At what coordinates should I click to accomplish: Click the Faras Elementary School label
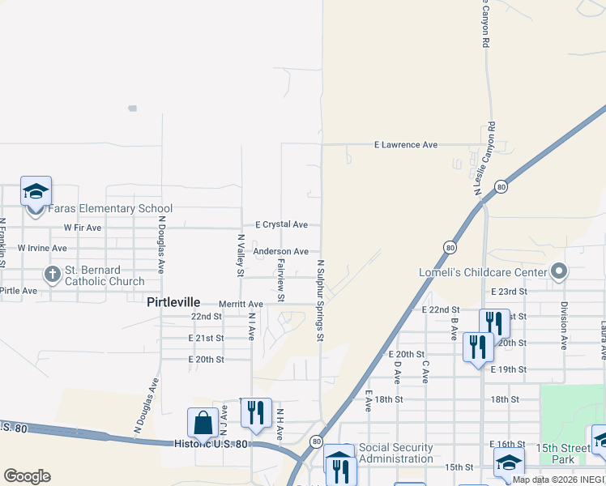point(110,208)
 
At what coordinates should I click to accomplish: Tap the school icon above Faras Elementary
point(36,191)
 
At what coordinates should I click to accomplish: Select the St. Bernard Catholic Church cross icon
point(53,274)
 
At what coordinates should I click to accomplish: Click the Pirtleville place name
point(173,302)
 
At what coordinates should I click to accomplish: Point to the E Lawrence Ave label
point(405,145)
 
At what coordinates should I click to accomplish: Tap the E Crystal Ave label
point(281,224)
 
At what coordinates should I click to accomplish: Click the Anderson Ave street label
point(280,252)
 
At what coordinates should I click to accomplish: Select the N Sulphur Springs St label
point(322,300)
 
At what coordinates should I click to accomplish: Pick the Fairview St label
point(281,280)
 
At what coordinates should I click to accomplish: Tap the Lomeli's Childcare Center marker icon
point(558,271)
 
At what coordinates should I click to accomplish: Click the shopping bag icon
point(202,422)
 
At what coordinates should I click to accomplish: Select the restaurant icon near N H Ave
point(256,412)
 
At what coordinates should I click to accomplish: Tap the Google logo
point(27,476)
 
